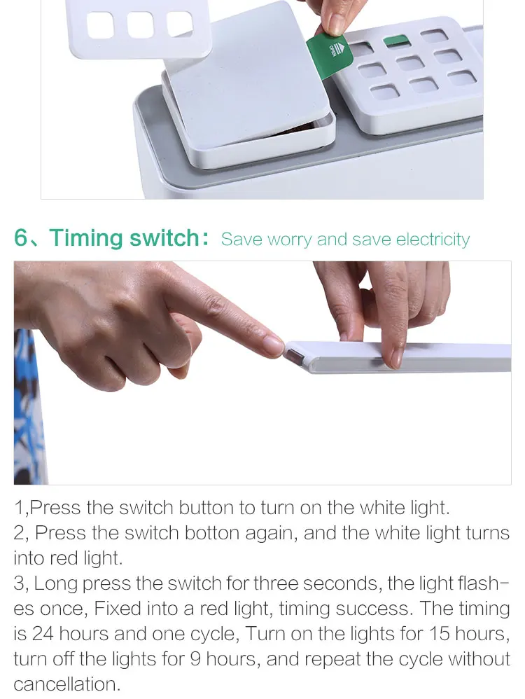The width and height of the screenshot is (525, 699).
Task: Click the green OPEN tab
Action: tap(330, 55)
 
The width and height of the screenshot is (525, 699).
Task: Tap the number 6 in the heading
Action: tap(20, 237)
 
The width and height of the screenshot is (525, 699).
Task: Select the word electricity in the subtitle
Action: tap(433, 240)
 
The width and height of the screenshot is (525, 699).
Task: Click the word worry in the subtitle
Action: tap(289, 240)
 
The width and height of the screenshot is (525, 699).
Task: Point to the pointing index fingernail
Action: tap(273, 345)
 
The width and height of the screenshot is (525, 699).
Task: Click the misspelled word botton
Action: tap(212, 533)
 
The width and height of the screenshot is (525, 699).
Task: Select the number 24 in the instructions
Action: tap(42, 634)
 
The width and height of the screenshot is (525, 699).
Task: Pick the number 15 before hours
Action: tap(440, 634)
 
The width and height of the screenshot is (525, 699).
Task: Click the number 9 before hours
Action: tap(195, 659)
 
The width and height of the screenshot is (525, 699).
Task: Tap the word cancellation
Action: tap(67, 684)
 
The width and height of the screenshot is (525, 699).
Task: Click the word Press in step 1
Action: tap(55, 508)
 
